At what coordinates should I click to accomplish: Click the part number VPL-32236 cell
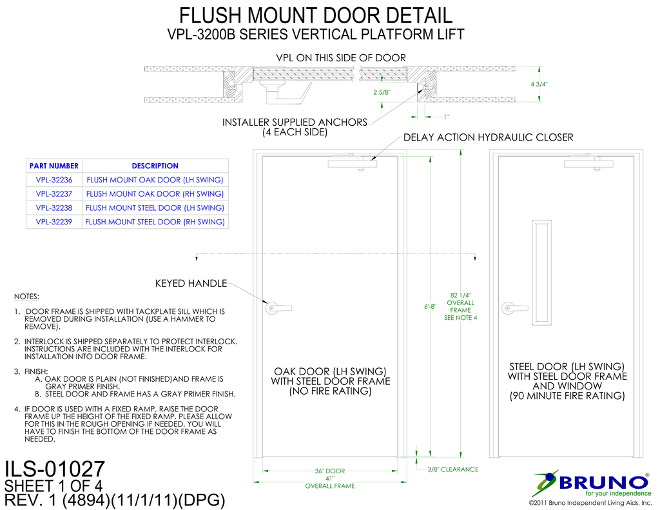pos(54,180)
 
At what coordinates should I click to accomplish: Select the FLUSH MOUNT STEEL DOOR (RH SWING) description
pos(155,222)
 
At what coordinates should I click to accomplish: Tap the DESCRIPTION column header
pos(155,166)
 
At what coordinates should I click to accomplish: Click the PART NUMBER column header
pos(54,166)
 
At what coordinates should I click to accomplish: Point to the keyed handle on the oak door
pos(278,308)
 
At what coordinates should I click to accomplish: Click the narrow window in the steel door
pos(541,272)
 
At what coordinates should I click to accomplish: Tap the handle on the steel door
pos(514,308)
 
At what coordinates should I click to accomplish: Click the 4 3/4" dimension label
pos(539,84)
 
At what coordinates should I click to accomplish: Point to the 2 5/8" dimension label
pos(382,92)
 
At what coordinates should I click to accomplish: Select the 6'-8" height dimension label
pos(430,307)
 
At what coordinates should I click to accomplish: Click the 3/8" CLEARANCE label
pos(453,469)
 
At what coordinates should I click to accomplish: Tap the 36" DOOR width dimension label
pos(330,471)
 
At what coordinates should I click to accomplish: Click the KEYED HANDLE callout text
pos(191,284)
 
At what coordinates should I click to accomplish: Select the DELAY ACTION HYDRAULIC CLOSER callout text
pos(489,137)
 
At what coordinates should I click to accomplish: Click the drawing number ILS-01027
pos(54,469)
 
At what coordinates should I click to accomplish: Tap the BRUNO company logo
pos(591,484)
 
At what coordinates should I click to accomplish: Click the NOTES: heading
pos(26,297)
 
